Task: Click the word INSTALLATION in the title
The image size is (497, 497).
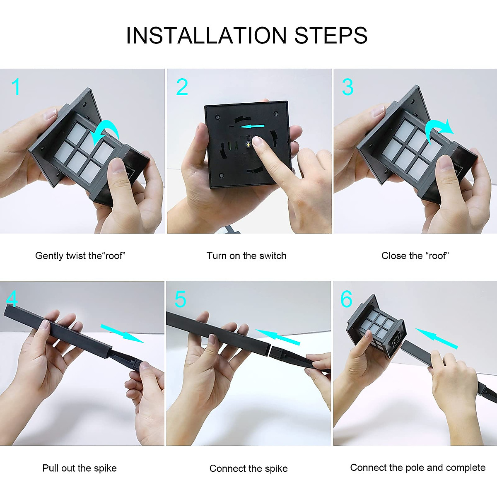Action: coord(206,35)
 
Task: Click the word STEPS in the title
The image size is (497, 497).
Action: coord(331,35)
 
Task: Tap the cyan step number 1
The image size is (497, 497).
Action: coord(16,87)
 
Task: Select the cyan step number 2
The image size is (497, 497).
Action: coord(182,87)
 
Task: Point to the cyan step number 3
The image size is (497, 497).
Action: coord(347,87)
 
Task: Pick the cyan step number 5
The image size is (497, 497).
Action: coord(180,299)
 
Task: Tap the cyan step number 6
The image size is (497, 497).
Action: coord(346,299)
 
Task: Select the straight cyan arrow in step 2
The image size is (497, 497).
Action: coord(252,126)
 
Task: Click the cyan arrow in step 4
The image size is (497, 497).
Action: coord(122,334)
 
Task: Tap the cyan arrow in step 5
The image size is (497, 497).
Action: coord(278,338)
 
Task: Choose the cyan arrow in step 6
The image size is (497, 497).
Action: coord(437,339)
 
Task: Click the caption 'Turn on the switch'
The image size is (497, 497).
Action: coord(246,256)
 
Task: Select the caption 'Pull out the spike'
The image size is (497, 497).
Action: coord(80,468)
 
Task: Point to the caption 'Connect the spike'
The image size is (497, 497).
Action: coord(248,468)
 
